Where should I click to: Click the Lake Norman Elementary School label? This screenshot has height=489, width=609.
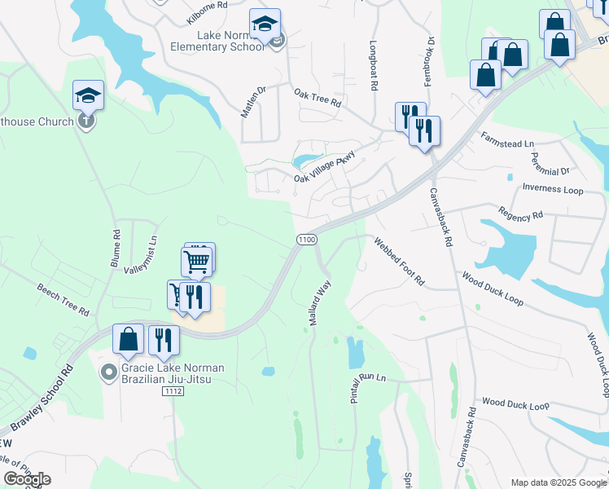(230, 41)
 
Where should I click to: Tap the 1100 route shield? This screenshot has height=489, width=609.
(306, 239)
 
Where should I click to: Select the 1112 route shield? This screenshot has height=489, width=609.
(173, 392)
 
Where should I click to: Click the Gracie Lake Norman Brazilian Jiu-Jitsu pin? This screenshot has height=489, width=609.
(107, 373)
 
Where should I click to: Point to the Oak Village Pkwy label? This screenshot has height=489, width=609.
(325, 169)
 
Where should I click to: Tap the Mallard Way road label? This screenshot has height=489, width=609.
(320, 303)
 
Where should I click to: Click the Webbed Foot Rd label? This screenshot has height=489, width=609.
(399, 261)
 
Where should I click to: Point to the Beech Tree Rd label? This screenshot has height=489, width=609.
(63, 299)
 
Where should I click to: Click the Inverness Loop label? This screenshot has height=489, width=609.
(553, 189)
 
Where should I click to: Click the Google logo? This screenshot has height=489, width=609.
(26, 479)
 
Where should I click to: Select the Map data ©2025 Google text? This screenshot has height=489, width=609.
(558, 482)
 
